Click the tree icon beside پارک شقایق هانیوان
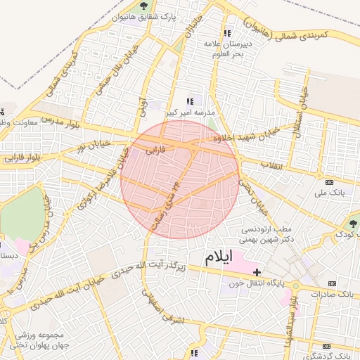point(143,6)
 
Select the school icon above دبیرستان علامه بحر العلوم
point(226,33)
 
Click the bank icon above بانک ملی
point(321,176)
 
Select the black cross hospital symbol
point(257,272)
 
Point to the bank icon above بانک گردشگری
point(326,347)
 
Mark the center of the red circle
point(180,179)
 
